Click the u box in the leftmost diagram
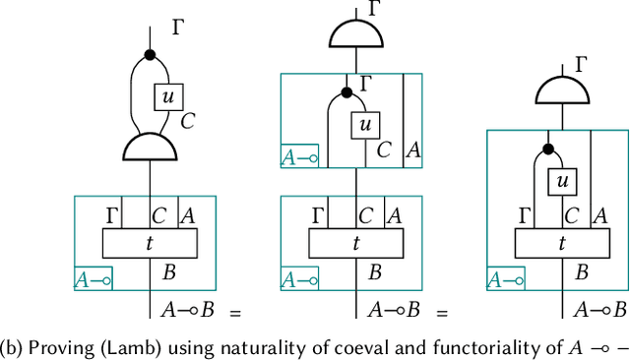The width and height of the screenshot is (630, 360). point(169,96)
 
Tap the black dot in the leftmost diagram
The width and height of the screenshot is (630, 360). point(150,54)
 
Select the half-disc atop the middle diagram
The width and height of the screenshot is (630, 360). point(355,34)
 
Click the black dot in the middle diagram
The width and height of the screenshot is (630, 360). point(346,92)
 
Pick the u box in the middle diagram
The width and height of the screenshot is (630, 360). point(366,124)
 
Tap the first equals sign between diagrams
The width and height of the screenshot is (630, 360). point(235,313)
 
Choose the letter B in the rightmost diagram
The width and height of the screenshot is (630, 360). point(583,272)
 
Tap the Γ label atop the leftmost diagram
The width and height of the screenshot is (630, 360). point(178,28)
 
